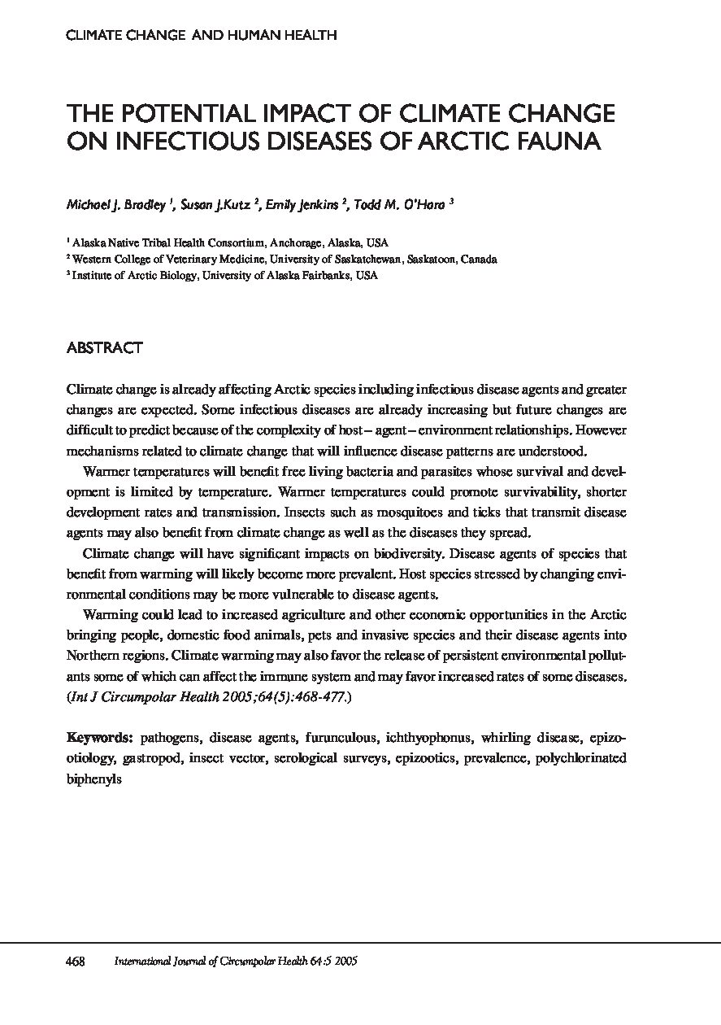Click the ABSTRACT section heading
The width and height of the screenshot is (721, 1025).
pyautogui.click(x=104, y=348)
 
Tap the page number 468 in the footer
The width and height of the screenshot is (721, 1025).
pyautogui.click(x=76, y=961)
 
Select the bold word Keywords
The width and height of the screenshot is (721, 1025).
pyautogui.click(x=99, y=739)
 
